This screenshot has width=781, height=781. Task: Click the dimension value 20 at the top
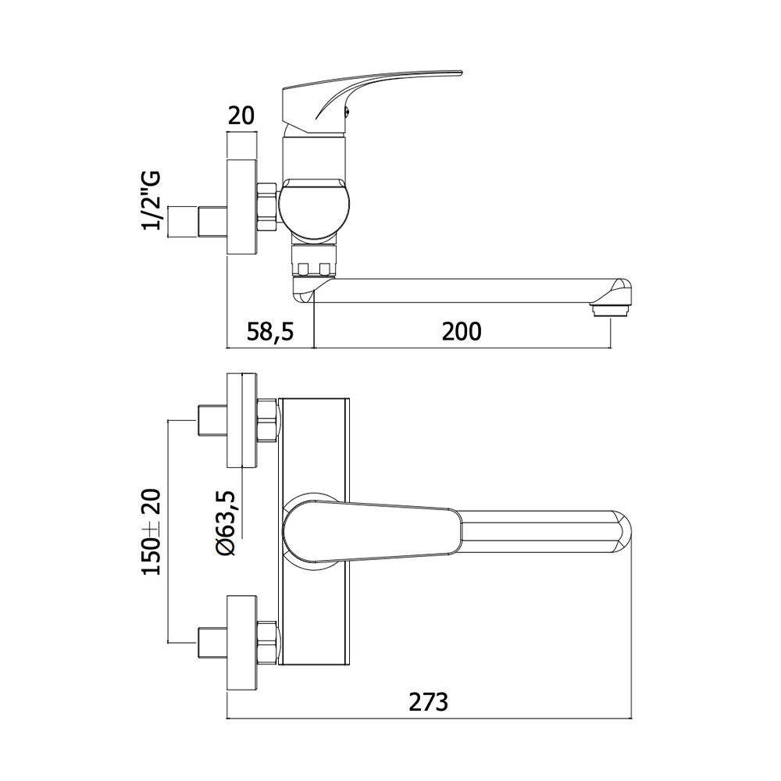[x=241, y=116]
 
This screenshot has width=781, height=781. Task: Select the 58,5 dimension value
[x=270, y=331]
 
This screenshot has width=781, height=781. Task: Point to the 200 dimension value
[x=462, y=331]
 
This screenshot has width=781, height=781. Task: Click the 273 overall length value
[x=428, y=702]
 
